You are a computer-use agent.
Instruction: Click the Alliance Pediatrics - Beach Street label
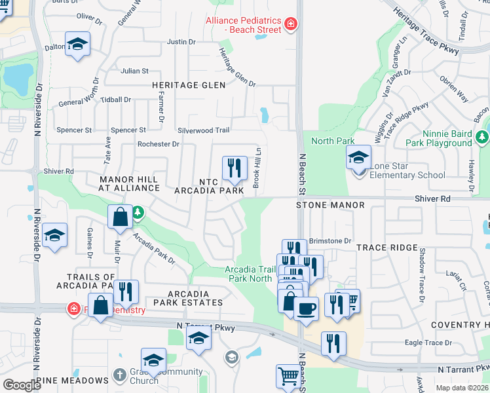click(x=244, y=26)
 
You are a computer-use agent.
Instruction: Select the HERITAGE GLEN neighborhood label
click(x=189, y=85)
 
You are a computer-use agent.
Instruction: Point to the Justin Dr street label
click(x=181, y=42)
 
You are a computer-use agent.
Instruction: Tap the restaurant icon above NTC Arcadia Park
click(x=234, y=168)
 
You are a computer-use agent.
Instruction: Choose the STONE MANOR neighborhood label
click(x=330, y=205)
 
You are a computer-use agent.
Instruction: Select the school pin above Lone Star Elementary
click(x=358, y=158)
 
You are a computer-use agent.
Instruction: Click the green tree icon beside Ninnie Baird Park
click(x=482, y=136)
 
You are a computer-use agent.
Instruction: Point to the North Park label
click(x=333, y=141)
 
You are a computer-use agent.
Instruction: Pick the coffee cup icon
click(x=306, y=308)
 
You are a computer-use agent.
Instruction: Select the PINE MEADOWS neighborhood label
click(x=72, y=381)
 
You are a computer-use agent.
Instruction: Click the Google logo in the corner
click(x=21, y=385)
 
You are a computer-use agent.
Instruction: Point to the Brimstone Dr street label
click(x=330, y=241)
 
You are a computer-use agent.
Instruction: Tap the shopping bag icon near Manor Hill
click(x=121, y=218)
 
